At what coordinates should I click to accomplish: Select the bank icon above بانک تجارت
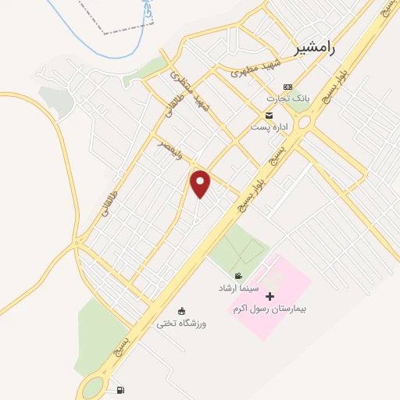point(288,87)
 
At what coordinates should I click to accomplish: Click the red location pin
point(201,184)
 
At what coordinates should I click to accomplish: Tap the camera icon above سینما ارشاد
point(238,277)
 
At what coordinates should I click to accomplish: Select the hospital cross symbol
point(270,296)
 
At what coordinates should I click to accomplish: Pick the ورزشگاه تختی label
point(181,323)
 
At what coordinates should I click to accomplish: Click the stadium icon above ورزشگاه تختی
point(182,311)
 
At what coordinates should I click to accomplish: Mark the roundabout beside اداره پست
point(303,123)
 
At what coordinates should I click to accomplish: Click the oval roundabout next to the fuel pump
point(95,387)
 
